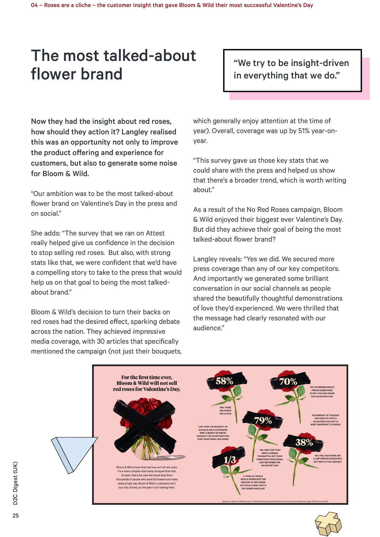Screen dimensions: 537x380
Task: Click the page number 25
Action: click(x=16, y=515)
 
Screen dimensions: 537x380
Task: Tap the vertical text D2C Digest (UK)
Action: click(x=15, y=483)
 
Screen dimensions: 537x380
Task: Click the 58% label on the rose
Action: click(x=224, y=381)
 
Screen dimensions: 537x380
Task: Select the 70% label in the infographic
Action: click(x=288, y=381)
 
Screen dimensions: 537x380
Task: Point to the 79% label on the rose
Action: click(x=263, y=420)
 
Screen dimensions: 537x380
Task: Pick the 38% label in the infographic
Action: click(x=304, y=442)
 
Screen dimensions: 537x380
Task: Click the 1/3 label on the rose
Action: click(x=230, y=459)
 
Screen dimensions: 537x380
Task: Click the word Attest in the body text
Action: click(x=155, y=233)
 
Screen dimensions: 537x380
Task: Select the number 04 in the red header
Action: click(x=34, y=5)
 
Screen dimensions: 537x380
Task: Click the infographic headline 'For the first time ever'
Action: click(x=147, y=377)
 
